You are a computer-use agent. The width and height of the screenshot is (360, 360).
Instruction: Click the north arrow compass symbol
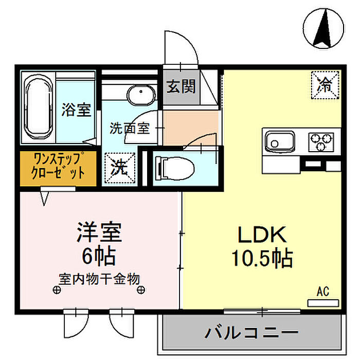point(323,28)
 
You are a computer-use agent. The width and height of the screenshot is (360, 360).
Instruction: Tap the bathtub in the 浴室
point(39,107)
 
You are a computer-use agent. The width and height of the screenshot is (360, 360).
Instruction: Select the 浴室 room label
point(76,110)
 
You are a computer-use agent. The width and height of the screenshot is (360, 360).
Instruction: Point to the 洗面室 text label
point(130,129)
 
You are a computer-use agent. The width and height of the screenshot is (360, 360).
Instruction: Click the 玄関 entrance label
point(181,86)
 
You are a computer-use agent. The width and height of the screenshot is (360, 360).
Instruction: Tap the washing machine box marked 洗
point(120,168)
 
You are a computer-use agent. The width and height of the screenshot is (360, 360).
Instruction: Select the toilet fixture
point(174,168)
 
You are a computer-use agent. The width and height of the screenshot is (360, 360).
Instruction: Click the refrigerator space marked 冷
point(325,85)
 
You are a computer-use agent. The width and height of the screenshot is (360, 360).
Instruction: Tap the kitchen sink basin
point(280,141)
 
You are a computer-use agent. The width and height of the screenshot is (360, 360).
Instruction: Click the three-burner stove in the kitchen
point(321,142)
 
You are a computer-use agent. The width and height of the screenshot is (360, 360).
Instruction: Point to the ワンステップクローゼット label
point(58,166)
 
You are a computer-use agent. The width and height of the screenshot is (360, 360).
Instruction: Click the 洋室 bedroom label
point(99,232)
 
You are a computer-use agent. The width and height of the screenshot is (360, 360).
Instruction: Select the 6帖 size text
point(99,256)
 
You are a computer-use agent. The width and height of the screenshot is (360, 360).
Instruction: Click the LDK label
point(262,235)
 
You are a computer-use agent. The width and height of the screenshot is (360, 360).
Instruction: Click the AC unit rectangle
point(323,303)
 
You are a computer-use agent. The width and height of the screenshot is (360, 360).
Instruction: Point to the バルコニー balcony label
point(251,332)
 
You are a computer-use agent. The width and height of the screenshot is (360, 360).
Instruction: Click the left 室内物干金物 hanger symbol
point(57,290)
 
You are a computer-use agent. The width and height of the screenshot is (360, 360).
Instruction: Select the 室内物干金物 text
point(99,279)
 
